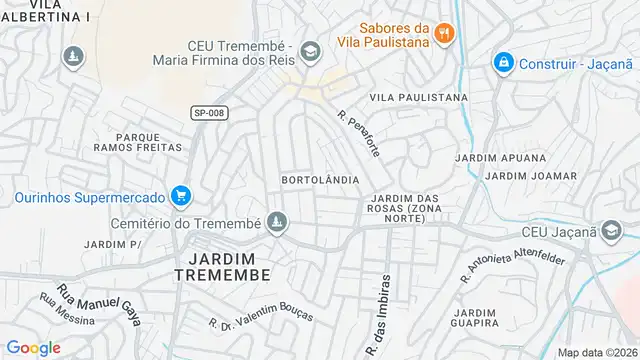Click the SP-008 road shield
[209, 113]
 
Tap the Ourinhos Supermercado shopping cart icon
[180, 194]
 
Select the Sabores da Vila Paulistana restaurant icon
[445, 34]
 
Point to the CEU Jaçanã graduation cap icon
[609, 232]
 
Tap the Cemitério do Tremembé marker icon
[279, 222]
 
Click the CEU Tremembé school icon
[310, 48]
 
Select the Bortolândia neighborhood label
[320, 179]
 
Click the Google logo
[33, 347]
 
